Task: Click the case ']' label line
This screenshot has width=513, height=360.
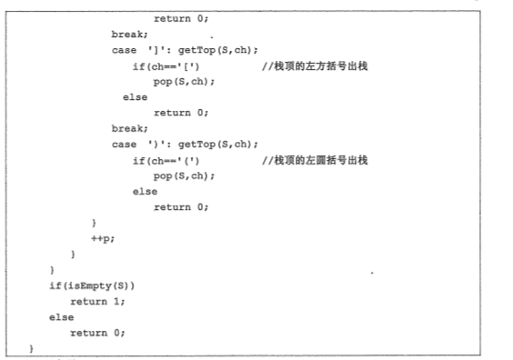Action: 185,50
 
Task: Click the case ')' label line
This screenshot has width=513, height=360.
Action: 185,145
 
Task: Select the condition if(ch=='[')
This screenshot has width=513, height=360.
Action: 166,66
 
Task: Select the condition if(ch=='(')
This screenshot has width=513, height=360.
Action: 166,161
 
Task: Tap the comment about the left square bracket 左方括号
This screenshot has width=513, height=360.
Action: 315,66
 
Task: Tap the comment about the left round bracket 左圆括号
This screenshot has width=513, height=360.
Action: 315,161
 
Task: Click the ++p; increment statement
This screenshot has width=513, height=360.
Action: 103,239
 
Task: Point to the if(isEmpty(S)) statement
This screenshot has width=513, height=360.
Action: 92,286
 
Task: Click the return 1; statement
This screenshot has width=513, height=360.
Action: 97,302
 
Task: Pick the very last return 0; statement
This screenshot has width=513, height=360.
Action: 97,333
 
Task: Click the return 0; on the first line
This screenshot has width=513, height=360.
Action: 181,19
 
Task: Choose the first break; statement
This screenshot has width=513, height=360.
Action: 129,35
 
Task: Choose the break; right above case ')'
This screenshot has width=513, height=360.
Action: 129,128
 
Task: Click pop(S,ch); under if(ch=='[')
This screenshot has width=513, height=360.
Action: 184,82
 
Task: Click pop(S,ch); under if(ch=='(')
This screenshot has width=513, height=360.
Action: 184,176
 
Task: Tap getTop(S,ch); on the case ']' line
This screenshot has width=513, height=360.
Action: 218,50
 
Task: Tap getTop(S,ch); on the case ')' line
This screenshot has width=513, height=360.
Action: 218,145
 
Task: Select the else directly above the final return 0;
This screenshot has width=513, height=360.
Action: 62,317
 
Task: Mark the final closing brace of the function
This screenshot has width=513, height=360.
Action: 31,348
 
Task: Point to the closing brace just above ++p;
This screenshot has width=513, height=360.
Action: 94,223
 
